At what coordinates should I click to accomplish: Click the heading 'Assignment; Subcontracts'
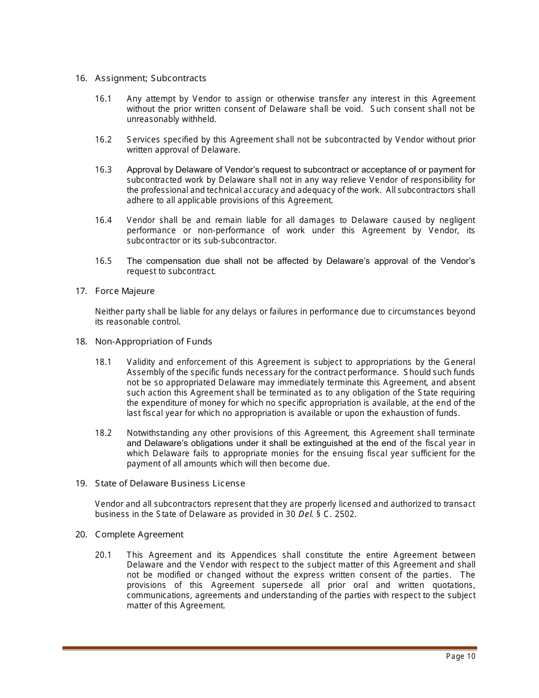click(150, 78)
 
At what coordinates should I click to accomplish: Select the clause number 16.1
click(103, 99)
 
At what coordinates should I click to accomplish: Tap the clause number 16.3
click(103, 170)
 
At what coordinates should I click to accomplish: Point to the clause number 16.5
click(103, 261)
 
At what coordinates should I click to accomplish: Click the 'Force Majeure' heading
click(125, 291)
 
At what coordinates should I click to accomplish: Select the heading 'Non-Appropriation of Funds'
click(153, 342)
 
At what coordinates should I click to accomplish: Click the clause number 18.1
click(103, 362)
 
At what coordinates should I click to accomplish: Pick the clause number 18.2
click(103, 433)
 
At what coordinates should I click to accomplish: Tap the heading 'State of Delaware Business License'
click(170, 483)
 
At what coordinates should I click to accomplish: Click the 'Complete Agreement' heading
click(139, 535)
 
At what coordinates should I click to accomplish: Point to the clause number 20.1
click(103, 555)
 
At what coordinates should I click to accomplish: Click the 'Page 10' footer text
click(461, 657)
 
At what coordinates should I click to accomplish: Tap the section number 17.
click(81, 291)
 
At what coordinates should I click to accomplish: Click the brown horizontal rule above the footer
click(269, 648)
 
